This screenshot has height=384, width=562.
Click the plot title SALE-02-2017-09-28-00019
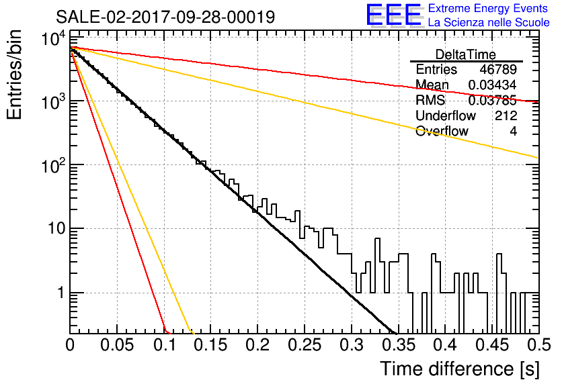point(165,17)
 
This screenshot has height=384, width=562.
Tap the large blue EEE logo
point(393,15)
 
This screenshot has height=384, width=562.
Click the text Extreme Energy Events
point(488,8)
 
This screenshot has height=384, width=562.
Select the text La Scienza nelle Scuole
point(489,22)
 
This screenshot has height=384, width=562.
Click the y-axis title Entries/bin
point(14,75)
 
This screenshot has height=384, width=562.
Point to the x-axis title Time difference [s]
point(460,369)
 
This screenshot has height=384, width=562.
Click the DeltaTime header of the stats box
point(466,54)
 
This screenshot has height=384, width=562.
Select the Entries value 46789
point(498,69)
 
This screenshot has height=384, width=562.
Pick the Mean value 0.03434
point(492,85)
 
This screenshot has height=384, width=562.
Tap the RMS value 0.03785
point(492,101)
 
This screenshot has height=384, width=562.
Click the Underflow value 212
point(506,115)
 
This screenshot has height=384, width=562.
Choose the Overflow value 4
point(513,132)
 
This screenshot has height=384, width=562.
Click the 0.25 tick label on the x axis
point(305,345)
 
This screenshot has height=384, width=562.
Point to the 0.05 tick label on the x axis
point(117,345)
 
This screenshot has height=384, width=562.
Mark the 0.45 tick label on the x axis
point(492,345)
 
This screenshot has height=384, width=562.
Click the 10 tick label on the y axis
point(56,228)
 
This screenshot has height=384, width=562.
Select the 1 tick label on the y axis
point(61,293)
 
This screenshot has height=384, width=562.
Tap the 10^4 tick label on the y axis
point(53,38)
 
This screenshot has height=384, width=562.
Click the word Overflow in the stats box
point(442,132)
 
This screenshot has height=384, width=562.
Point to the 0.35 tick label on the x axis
point(399,345)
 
